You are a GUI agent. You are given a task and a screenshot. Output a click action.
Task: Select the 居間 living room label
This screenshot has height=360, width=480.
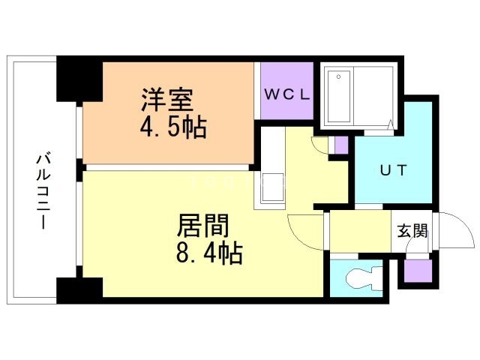[x=202, y=226]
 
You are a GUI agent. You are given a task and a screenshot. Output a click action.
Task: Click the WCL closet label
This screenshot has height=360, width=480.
[x=287, y=94]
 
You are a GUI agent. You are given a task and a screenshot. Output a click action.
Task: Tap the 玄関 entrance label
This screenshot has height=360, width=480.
[x=412, y=230]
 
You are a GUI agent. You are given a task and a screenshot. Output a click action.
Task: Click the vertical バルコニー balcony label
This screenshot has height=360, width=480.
[x=42, y=191]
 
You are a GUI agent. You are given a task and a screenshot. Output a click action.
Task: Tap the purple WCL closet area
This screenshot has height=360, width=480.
[x=287, y=109]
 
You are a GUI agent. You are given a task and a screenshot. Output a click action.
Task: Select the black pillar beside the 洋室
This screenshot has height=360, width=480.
[x=79, y=79]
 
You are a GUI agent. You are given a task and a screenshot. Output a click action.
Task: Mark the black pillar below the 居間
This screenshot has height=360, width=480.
[x=79, y=289]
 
